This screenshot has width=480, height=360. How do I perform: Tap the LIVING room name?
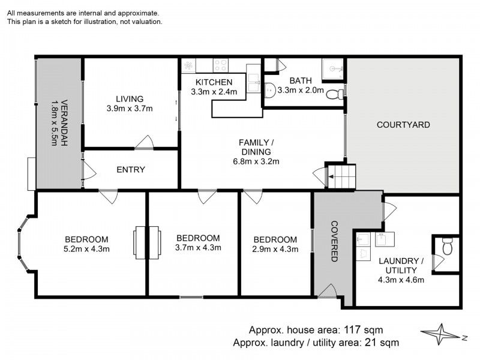tap(130, 99)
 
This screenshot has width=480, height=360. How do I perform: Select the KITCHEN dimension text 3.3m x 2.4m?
tap(214, 92)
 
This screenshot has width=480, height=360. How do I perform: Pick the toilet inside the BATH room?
tap(339, 93)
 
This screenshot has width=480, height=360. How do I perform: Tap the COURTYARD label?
tap(403, 125)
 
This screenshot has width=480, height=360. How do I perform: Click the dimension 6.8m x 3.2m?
tap(256, 161)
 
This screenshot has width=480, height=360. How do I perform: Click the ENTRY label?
tap(131, 170)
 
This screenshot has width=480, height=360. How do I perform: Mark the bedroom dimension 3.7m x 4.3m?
tap(198, 248)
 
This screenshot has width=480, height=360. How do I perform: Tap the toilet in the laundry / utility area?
tap(446, 246)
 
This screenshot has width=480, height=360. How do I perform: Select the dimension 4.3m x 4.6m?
tap(401, 280)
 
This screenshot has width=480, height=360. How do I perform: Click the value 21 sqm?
tap(380, 343)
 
